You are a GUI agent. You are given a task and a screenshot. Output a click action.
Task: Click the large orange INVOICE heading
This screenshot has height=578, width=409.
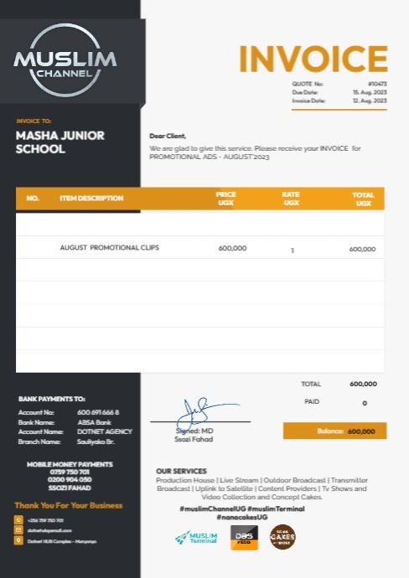click(x=313, y=59)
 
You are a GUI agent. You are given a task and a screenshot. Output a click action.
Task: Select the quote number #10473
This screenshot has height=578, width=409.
click(x=378, y=85)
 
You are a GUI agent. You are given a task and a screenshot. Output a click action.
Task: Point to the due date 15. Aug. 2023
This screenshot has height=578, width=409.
click(x=370, y=92)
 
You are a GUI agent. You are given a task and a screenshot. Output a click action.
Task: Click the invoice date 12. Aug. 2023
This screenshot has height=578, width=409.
click(x=370, y=101)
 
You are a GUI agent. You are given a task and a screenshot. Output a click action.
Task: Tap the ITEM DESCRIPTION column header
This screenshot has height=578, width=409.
click(x=91, y=199)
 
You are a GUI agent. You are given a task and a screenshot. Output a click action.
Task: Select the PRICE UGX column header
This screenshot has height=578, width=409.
click(x=226, y=199)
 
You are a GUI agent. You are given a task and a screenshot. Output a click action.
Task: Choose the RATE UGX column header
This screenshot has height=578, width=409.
click(x=291, y=199)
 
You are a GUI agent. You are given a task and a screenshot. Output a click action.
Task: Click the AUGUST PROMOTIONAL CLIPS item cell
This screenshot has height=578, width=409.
click(x=109, y=248)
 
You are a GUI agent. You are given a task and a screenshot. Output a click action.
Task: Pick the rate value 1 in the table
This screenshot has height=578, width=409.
click(x=293, y=250)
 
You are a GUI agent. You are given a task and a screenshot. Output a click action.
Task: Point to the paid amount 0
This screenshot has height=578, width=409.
click(x=365, y=403)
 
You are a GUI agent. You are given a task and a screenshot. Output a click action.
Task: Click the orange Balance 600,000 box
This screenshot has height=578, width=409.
click(x=334, y=431)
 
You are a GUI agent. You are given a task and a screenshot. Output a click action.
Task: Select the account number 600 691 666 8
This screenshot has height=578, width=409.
click(x=98, y=413)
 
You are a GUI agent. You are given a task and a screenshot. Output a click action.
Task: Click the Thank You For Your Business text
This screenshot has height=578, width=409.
click(x=69, y=505)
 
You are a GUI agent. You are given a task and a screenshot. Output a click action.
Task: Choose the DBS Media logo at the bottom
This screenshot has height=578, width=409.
click(x=244, y=537)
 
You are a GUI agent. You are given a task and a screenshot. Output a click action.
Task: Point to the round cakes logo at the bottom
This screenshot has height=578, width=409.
click(x=282, y=537)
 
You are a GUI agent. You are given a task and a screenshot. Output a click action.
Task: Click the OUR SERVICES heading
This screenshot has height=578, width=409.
click(x=181, y=471)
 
